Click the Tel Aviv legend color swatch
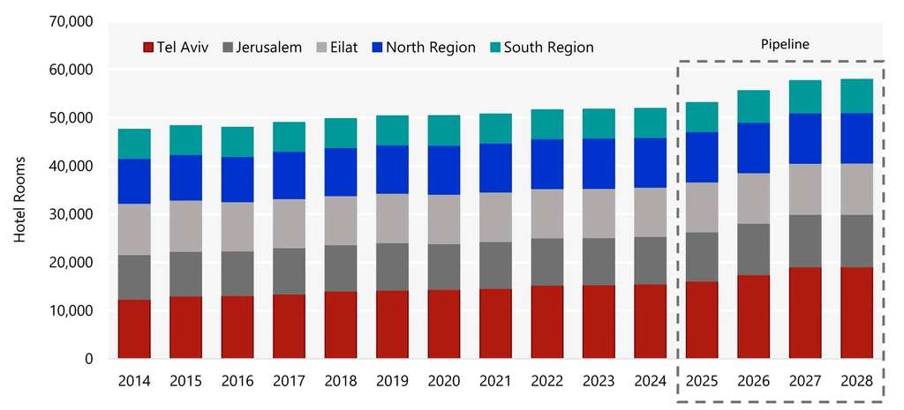click(x=147, y=48)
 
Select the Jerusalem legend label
click(x=271, y=48)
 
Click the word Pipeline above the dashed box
click(x=785, y=42)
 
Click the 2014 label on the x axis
click(x=133, y=382)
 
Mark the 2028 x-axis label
click(x=856, y=382)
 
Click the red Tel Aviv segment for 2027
click(x=805, y=313)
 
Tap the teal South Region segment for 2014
click(x=133, y=144)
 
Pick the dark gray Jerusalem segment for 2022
click(x=546, y=262)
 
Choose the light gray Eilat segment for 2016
click(x=237, y=227)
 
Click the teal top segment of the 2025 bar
click(x=702, y=117)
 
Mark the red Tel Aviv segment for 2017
click(x=289, y=326)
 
